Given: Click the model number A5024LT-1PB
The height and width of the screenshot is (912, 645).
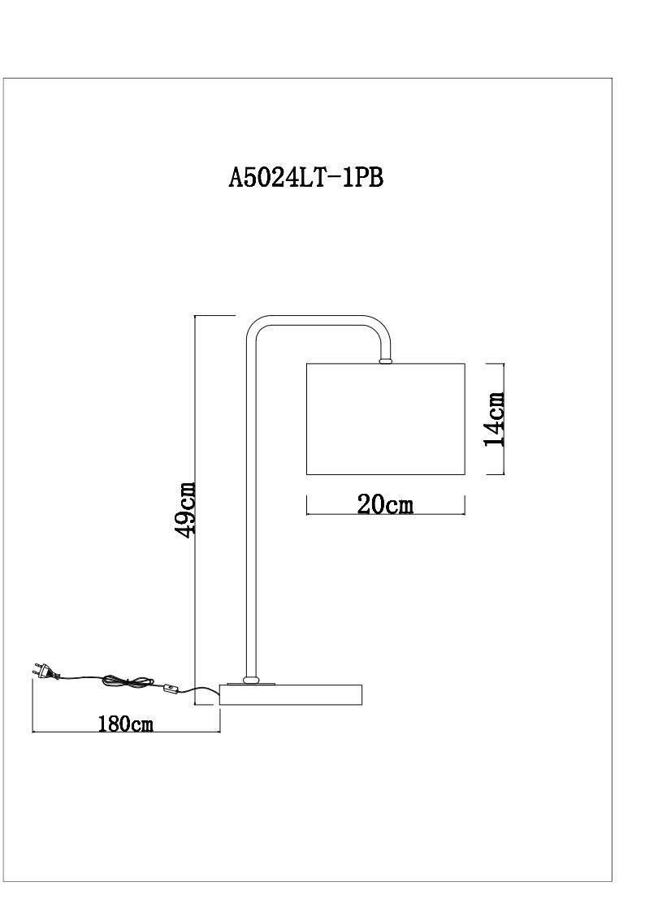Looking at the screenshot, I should (x=305, y=178).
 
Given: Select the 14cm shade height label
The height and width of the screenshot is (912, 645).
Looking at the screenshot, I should (x=494, y=419).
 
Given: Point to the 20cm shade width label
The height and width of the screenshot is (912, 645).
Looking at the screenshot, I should (x=385, y=504).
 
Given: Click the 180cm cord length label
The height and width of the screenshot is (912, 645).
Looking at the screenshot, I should (x=125, y=723).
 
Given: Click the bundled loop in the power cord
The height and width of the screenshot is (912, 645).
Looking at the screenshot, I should (x=128, y=681).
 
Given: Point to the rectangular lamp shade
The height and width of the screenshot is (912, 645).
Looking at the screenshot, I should (x=385, y=418).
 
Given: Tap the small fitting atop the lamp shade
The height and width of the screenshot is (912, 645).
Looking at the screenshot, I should (x=385, y=358).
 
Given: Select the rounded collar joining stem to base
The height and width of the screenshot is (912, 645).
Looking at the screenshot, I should (x=253, y=679).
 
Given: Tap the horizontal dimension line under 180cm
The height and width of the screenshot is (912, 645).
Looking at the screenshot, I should (x=125, y=732).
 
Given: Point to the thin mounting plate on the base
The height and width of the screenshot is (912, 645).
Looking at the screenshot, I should (x=253, y=685).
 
